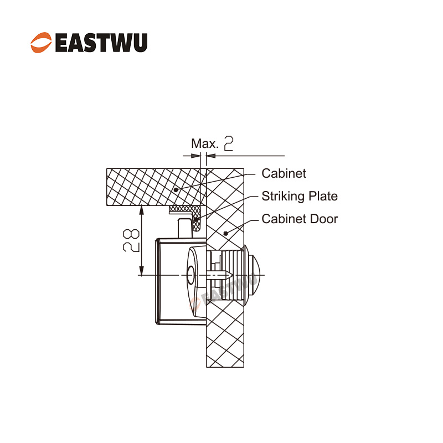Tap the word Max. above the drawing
[x=205, y=144]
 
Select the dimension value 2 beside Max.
[x=228, y=144]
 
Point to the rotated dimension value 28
[x=131, y=241]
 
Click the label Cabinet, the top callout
[x=284, y=174]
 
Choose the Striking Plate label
[x=299, y=196]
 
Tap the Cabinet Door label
[x=299, y=219]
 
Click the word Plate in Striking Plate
[x=323, y=196]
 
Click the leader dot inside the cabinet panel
[x=176, y=189]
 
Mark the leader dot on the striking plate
[x=197, y=219]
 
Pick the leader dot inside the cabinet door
[x=225, y=234]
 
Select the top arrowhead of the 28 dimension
[x=142, y=210]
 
